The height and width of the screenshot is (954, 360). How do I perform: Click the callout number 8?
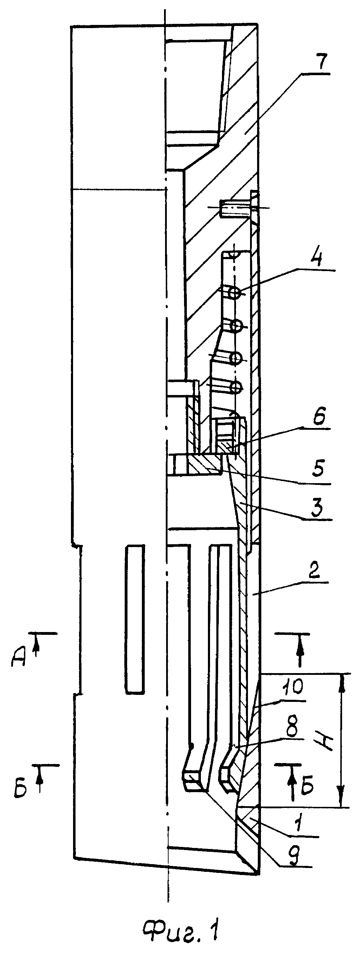point(293,728)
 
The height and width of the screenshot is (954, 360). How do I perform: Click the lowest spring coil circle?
point(236,388)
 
